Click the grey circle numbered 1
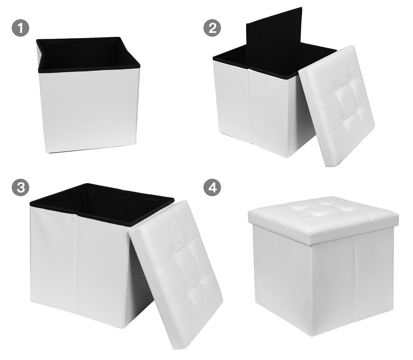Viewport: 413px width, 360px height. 20,28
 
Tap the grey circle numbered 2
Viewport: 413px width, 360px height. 212,28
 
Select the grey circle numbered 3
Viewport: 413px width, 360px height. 20,187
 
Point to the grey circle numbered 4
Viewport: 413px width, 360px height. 212,187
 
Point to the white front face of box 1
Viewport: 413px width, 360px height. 89,110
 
